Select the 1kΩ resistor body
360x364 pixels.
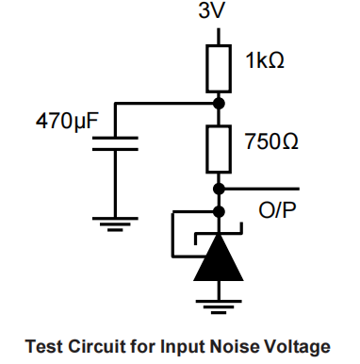[x=219, y=66]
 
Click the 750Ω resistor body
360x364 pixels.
[x=219, y=142]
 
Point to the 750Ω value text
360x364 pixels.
[x=271, y=143]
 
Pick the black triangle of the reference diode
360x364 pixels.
[x=219, y=260]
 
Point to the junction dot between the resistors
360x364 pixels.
[x=219, y=103]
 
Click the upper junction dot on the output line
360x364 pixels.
[x=219, y=188]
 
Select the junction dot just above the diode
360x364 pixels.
[x=219, y=211]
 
